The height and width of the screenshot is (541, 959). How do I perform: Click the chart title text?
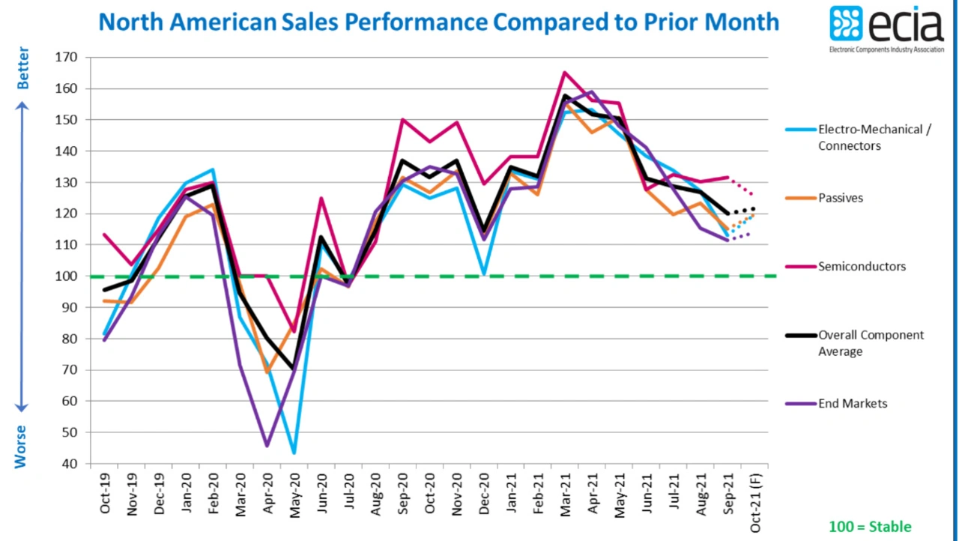tap(439, 22)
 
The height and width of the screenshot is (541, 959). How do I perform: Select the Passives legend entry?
tap(841, 199)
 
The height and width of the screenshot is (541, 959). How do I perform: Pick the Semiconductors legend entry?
tap(862, 267)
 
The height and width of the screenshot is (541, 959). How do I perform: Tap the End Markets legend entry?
tap(853, 404)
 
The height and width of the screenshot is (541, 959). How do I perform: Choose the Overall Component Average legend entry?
tap(871, 343)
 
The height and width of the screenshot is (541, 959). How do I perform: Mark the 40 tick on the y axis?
tap(71, 464)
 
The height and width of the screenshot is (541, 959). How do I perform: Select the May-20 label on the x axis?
tap(295, 494)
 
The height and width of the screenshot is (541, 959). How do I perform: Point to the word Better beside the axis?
tap(23, 68)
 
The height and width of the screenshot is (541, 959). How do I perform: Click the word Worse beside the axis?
tap(21, 447)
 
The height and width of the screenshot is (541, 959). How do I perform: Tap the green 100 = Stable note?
tap(870, 527)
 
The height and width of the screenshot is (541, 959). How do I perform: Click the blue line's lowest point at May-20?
tap(294, 453)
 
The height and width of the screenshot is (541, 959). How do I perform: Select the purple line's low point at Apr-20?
tap(267, 446)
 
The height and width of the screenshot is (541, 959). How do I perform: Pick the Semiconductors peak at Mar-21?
tap(564, 73)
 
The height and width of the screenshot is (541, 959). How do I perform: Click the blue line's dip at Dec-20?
tap(485, 274)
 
